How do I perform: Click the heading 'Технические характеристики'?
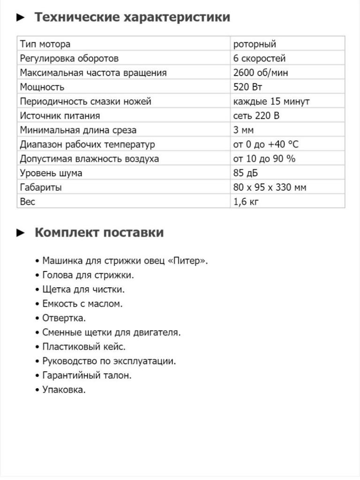point(132,17)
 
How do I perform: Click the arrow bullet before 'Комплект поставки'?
point(20,232)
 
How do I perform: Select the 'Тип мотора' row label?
point(45,44)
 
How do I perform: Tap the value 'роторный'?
point(255,44)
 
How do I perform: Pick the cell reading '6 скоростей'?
point(259,59)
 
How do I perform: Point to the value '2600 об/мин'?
point(261,73)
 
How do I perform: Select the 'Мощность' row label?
point(42,87)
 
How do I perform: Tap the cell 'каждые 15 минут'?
point(271,101)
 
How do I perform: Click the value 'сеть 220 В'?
point(256,116)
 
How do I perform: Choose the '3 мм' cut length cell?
point(243,130)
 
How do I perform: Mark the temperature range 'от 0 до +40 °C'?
point(266,144)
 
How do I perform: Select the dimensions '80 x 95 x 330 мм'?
point(270,187)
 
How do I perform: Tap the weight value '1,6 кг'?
point(246,202)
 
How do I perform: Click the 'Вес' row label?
point(27,202)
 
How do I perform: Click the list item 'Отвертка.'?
point(64,318)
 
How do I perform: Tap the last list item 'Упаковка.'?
point(64,390)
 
